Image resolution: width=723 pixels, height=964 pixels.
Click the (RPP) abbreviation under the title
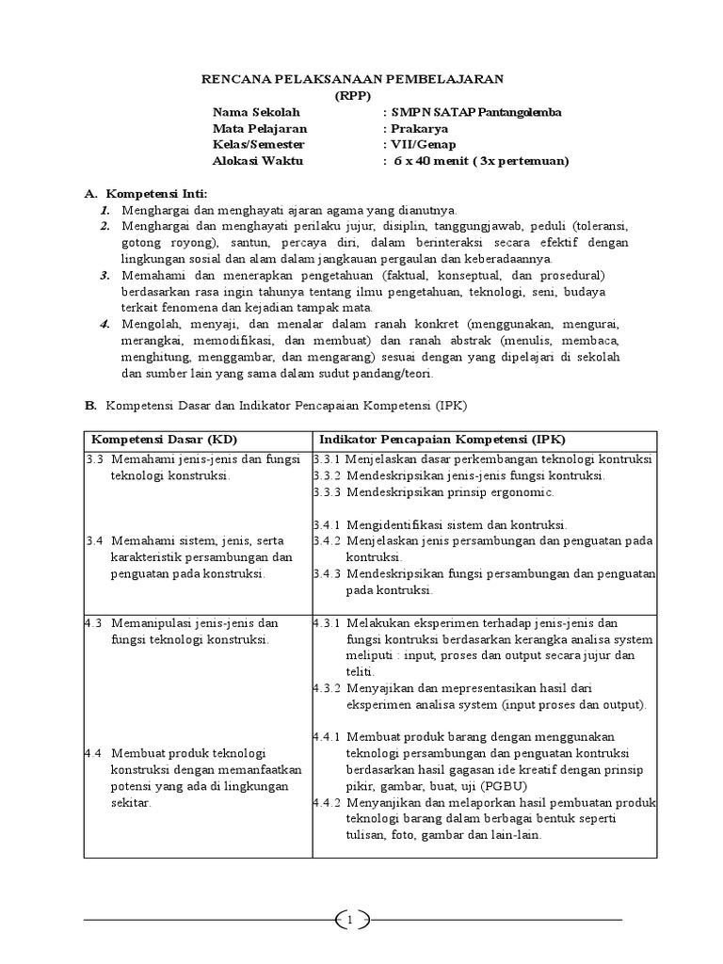coord(353,94)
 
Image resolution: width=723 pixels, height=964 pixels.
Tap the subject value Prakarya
coord(420,128)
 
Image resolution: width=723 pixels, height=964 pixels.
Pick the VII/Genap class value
coord(424,144)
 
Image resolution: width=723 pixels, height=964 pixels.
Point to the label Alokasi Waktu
coord(257,161)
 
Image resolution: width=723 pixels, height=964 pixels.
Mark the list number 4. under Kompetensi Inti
coord(105,324)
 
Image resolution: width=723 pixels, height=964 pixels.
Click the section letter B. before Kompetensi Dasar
coord(90,406)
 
